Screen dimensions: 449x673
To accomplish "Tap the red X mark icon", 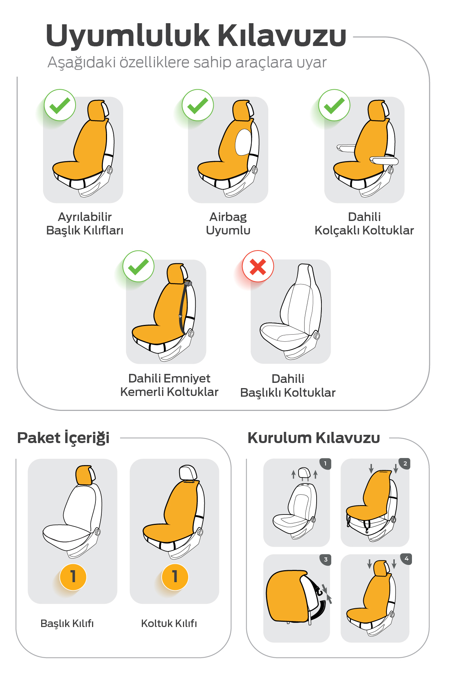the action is tap(258, 267).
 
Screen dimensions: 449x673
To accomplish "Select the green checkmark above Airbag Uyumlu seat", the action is tap(198, 105).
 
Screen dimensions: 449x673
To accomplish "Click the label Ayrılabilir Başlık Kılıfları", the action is tap(85, 223).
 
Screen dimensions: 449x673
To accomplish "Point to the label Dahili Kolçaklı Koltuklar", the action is tap(364, 223).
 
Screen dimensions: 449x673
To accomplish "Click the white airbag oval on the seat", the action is tap(243, 142).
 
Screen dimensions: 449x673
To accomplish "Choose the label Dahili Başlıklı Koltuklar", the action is tap(288, 385).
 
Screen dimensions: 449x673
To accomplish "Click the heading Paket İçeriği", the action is tap(63, 438).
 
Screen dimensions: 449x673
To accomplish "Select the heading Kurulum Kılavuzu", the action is tap(314, 437).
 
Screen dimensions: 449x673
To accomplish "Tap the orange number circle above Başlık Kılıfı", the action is tap(73, 577).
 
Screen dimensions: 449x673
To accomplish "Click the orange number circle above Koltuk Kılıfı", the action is tap(175, 577).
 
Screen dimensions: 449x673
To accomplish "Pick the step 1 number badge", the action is tap(325, 464).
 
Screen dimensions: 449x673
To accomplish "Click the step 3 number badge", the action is tap(326, 560).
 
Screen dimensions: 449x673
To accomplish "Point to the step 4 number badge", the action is tap(406, 559).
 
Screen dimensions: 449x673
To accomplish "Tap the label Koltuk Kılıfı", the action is tap(169, 623).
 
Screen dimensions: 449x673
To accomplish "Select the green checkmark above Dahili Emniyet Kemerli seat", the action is tap(138, 267).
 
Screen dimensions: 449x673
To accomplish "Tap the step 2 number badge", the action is tap(405, 464).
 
